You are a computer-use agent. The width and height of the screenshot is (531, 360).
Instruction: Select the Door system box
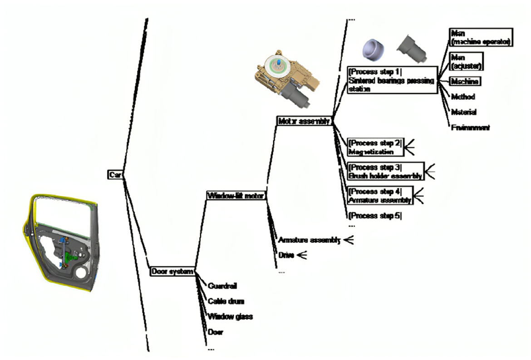click(x=172, y=271)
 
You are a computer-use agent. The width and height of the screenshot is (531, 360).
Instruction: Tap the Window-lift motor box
click(x=236, y=195)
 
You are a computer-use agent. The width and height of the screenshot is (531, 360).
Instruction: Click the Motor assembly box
click(x=304, y=121)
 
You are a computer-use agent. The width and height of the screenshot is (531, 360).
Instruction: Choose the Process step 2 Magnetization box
click(x=375, y=147)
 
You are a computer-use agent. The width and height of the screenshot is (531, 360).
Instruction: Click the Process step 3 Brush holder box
click(x=386, y=171)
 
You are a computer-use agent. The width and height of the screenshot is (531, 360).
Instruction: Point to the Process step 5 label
click(x=375, y=216)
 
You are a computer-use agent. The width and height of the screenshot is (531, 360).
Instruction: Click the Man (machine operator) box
click(x=480, y=37)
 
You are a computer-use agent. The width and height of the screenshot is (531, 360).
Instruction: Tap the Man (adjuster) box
click(x=466, y=61)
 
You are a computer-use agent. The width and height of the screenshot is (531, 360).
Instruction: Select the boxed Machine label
click(x=465, y=81)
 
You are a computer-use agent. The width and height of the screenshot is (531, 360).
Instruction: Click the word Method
click(x=463, y=97)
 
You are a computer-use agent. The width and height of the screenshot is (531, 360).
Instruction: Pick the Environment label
click(x=470, y=128)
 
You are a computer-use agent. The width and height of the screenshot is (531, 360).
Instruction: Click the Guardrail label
click(x=222, y=286)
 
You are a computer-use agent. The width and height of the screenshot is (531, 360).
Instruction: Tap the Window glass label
click(x=230, y=316)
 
